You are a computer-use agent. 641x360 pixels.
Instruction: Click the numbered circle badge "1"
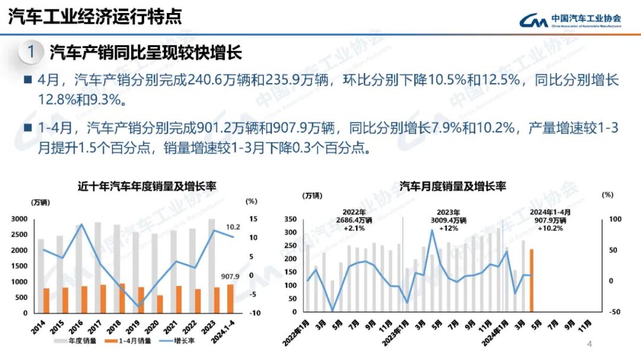click(x=31, y=52)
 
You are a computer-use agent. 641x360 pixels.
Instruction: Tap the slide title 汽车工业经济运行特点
click(x=95, y=16)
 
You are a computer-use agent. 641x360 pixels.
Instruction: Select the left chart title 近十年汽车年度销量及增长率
click(x=147, y=186)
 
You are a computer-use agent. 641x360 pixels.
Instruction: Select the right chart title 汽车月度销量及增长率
click(x=452, y=186)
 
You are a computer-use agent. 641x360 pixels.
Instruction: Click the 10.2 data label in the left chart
click(x=233, y=227)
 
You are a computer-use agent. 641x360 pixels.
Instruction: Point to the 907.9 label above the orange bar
click(x=230, y=276)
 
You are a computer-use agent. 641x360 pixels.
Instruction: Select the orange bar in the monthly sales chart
click(x=532, y=280)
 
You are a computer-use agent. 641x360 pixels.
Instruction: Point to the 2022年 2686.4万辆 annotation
click(x=354, y=220)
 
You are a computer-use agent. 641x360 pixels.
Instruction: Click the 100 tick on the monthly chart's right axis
click(x=615, y=219)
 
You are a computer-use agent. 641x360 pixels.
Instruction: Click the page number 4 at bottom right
click(x=589, y=345)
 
